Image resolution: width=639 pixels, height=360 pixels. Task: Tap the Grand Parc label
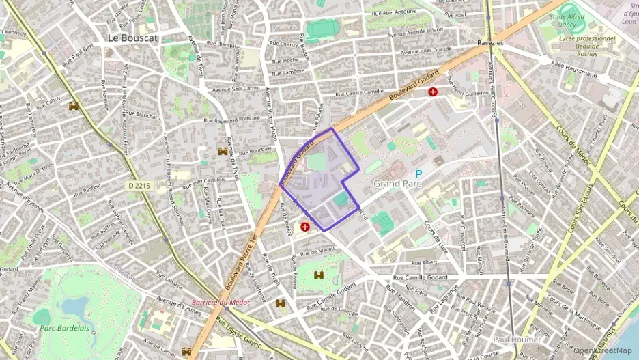pos(397,184)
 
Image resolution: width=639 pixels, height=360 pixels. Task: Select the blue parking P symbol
pos(418,174)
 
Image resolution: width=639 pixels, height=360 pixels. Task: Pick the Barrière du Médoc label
pos(221,301)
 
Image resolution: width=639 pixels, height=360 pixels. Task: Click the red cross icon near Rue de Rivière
pos(305,226)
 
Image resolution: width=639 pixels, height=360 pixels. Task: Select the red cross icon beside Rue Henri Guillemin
pos(433,92)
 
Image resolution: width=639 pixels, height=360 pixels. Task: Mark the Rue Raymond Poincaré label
pos(233,120)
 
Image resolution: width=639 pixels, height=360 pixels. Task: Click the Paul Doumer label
pos(517,339)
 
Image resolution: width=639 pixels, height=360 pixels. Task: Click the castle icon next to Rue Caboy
pos(74,106)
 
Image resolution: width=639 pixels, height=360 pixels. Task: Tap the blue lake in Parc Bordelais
pos(75,305)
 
